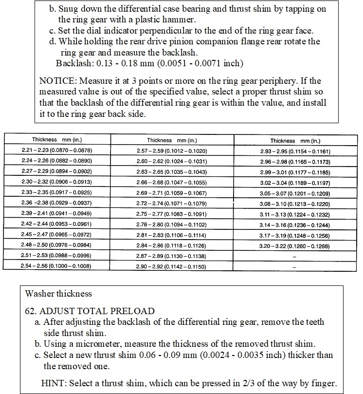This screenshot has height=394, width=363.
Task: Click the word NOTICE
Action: coord(56,81)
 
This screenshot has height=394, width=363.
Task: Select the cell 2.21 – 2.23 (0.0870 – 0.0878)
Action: coord(56,151)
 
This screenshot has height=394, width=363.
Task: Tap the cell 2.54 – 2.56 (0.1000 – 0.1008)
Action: coord(56,266)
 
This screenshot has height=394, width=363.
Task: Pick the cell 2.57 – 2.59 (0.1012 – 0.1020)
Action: coord(172,151)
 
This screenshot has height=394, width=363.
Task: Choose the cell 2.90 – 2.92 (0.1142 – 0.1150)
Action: coord(172,266)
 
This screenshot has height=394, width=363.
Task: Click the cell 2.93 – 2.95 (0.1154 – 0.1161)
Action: coord(296,151)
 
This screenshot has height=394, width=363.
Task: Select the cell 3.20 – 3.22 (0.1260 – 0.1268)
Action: coord(296,246)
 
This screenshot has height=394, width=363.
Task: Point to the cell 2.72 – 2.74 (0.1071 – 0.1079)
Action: coord(172,204)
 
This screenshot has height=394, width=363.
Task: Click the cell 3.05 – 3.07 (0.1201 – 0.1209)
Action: coord(296,193)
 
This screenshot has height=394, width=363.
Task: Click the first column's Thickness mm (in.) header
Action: coord(56,139)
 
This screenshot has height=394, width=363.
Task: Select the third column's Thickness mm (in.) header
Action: coord(295,140)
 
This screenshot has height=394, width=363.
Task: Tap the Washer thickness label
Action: coord(58,294)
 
